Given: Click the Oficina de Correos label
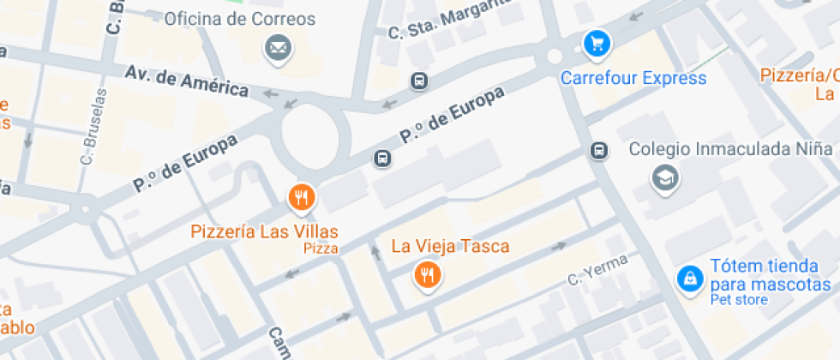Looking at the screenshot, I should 239,19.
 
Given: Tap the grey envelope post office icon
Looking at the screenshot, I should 277,49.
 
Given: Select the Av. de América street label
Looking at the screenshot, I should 186,81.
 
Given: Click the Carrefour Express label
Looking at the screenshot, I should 633,78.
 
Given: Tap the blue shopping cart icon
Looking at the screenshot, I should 597,43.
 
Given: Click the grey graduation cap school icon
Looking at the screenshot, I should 664,177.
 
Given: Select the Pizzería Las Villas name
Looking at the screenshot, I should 264,231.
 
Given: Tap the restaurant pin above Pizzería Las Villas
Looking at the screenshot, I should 301,199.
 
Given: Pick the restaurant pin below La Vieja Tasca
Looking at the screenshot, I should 427,275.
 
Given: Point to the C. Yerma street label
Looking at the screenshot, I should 597,269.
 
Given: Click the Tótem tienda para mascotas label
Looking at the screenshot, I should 770,275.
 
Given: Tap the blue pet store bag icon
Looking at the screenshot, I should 688,278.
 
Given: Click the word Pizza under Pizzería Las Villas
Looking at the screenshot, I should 320,249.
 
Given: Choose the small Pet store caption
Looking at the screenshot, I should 738,300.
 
